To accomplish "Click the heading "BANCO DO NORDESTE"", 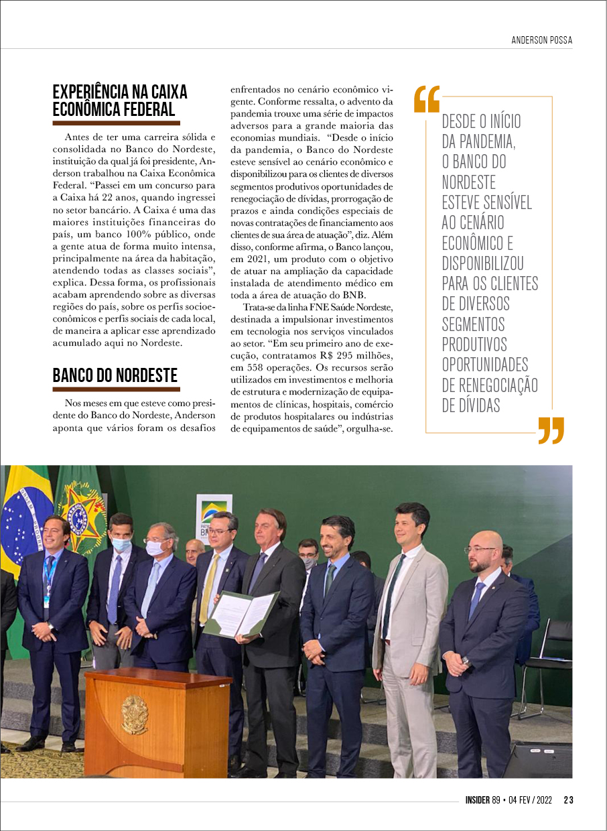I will (x=115, y=375).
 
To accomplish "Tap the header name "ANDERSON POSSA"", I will (x=541, y=40).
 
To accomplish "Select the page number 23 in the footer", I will (x=568, y=800).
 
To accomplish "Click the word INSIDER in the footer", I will (x=478, y=800).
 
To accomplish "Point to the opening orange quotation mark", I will (x=427, y=99).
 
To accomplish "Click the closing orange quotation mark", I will (x=551, y=430).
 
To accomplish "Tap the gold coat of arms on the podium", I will (x=135, y=714).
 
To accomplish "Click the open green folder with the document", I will (x=241, y=613).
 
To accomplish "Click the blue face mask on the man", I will (x=121, y=544).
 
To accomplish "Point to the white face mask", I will (x=155, y=548).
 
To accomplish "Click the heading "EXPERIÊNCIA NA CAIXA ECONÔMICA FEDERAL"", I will (x=120, y=101).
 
